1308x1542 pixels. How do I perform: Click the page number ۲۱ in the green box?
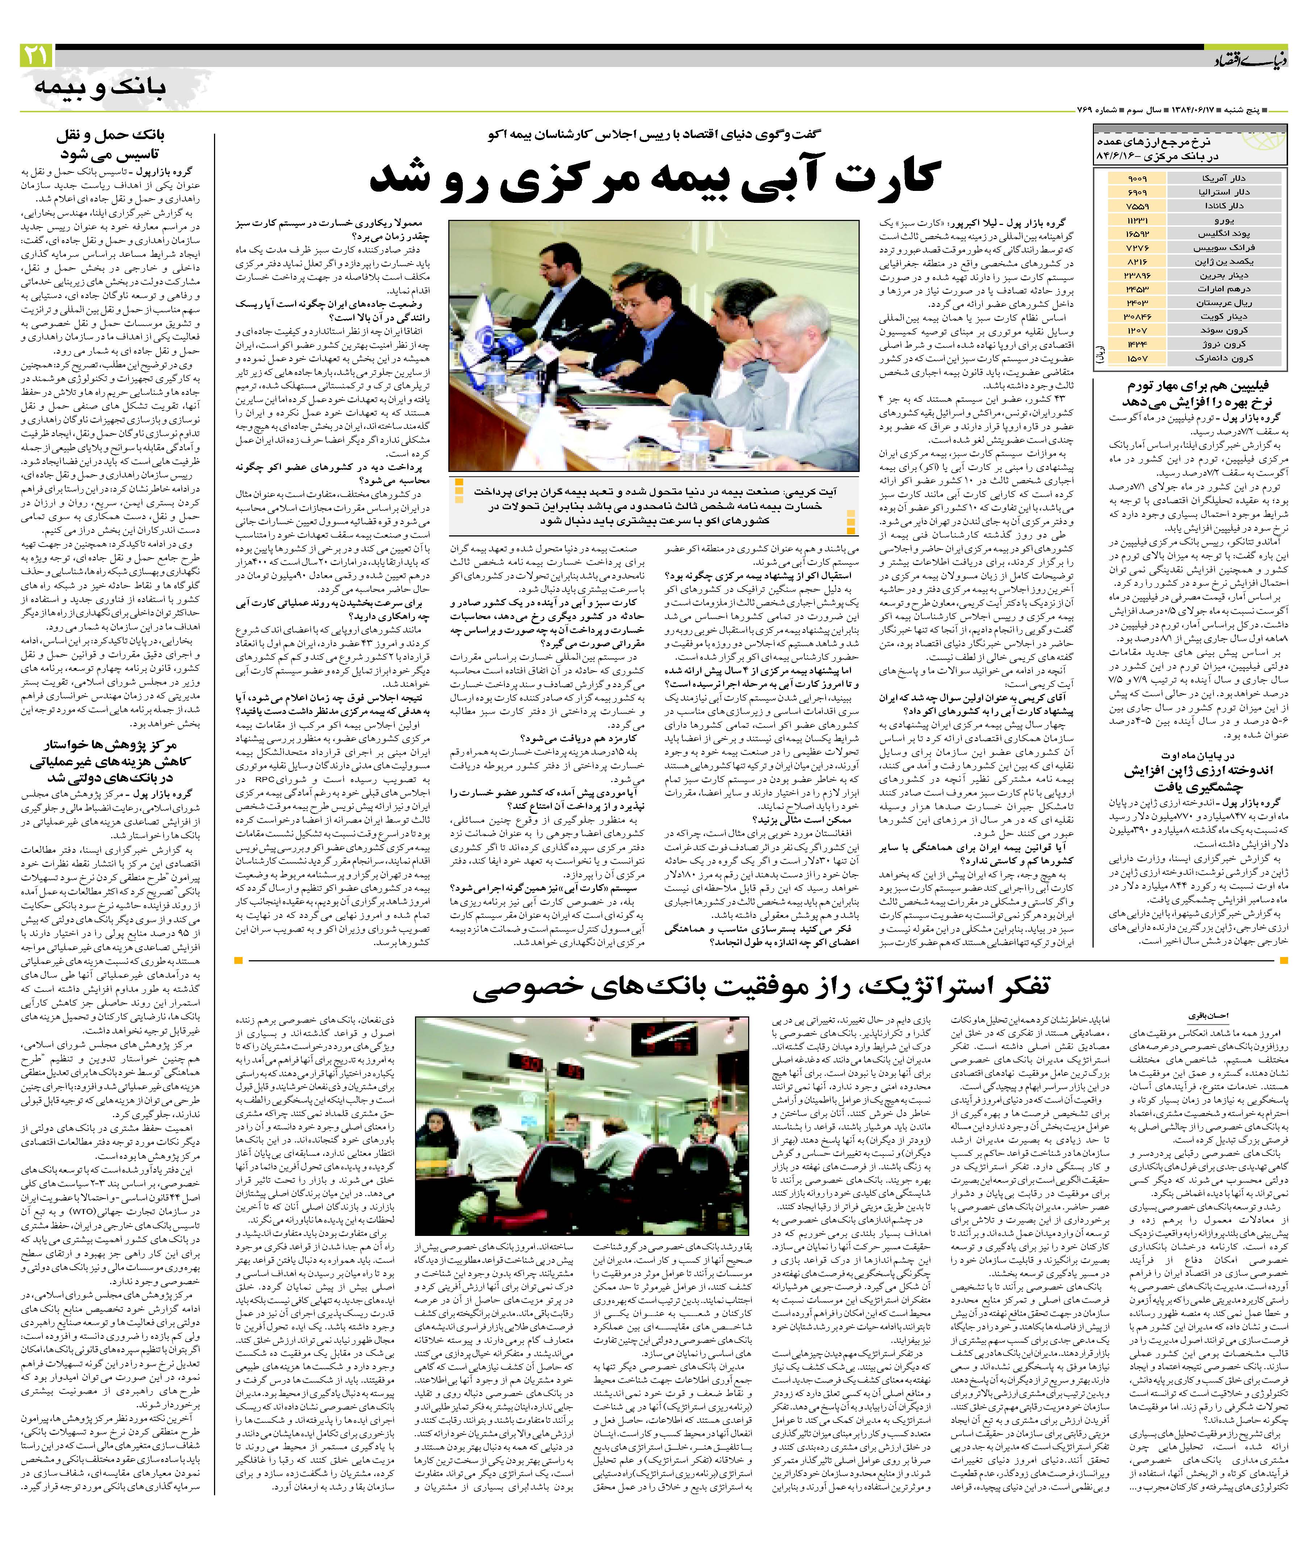[x=35, y=56]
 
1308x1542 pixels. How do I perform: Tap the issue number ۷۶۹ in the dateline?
[x=1086, y=110]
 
